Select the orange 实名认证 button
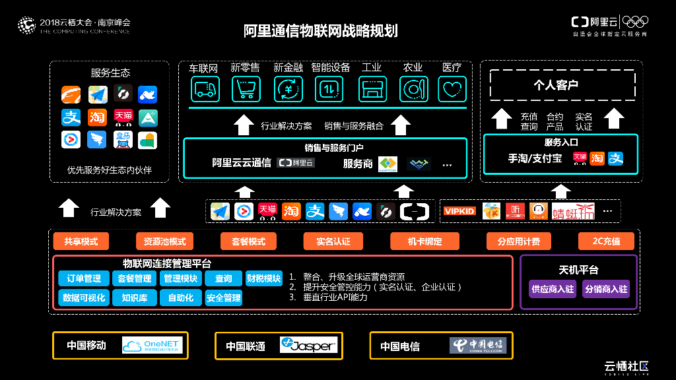(333, 241)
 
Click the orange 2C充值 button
(606, 241)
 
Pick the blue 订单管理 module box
(84, 278)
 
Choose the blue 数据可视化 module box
(84, 298)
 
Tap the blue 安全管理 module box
(224, 298)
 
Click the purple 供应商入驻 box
(553, 289)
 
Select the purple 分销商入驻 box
(606, 289)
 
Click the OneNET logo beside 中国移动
(152, 346)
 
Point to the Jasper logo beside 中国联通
(308, 346)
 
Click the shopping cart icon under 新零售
(246, 88)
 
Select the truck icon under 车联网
(205, 88)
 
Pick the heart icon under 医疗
(452, 88)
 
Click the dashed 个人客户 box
(562, 85)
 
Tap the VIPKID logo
(459, 211)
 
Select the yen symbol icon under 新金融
(288, 88)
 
